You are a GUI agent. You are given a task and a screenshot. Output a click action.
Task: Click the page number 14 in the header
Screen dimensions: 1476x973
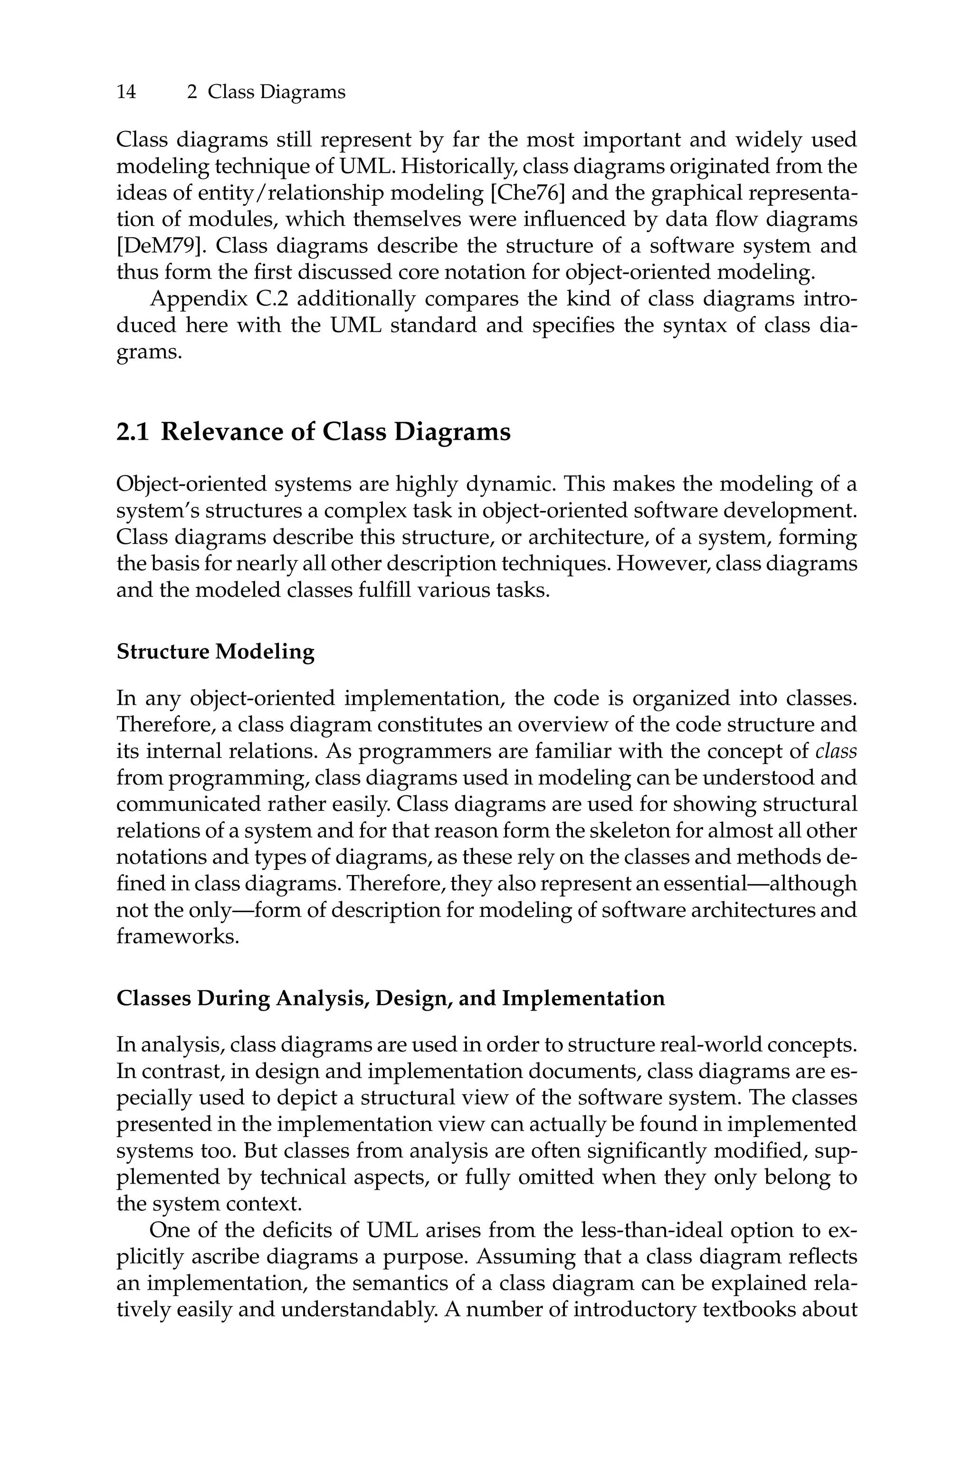126,92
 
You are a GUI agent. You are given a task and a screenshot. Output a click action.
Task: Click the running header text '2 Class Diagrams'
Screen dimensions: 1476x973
266,92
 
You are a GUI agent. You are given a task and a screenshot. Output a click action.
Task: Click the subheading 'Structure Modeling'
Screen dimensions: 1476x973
215,652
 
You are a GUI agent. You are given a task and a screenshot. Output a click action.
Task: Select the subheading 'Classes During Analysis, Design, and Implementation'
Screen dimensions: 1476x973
391,998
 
